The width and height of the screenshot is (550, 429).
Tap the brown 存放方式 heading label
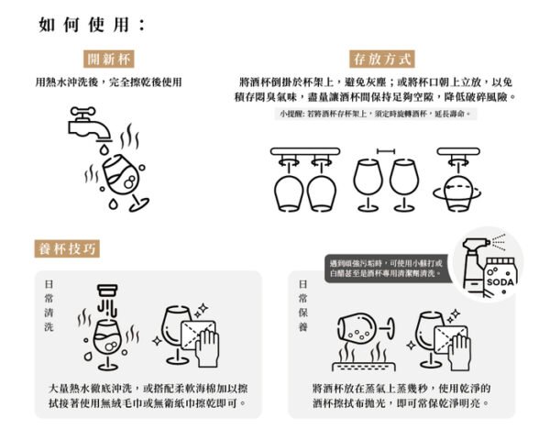(381, 60)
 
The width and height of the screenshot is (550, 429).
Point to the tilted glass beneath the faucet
(125, 178)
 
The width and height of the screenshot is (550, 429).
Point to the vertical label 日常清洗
(49, 303)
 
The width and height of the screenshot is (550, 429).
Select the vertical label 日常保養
(302, 303)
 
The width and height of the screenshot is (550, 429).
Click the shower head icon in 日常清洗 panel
(109, 294)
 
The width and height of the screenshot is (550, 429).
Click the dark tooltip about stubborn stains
(386, 268)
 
